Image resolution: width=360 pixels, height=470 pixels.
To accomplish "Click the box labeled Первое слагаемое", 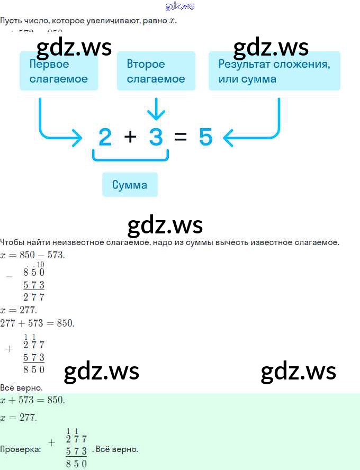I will coord(59,71).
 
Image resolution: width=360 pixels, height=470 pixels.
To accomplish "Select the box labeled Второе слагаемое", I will coord(156,71).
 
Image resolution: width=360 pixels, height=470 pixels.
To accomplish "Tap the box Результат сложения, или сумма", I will coord(274,71).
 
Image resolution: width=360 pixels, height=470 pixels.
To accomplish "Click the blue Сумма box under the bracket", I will coord(130,185).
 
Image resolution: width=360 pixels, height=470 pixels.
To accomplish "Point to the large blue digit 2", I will coord(105,138).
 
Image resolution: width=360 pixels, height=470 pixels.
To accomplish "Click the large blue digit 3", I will coord(156,138).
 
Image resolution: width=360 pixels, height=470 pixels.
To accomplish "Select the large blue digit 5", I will coord(206,138).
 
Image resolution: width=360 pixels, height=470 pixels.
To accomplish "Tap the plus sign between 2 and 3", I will coord(130,137).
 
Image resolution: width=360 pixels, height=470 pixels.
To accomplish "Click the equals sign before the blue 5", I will coord(181,138).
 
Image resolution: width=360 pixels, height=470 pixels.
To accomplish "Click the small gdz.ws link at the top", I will coord(180,6).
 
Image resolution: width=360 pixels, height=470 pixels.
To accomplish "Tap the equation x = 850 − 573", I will coord(33,255).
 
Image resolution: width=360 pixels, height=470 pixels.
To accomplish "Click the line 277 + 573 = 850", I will coord(37,323).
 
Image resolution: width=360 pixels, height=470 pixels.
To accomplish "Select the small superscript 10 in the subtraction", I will coord(41,265).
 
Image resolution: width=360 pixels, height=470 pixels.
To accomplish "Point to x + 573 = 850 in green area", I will coord(33,400).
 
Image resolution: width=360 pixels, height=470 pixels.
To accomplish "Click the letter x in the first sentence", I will coord(172,21).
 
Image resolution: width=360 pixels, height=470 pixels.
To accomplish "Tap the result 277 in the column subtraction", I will coord(34,297).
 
